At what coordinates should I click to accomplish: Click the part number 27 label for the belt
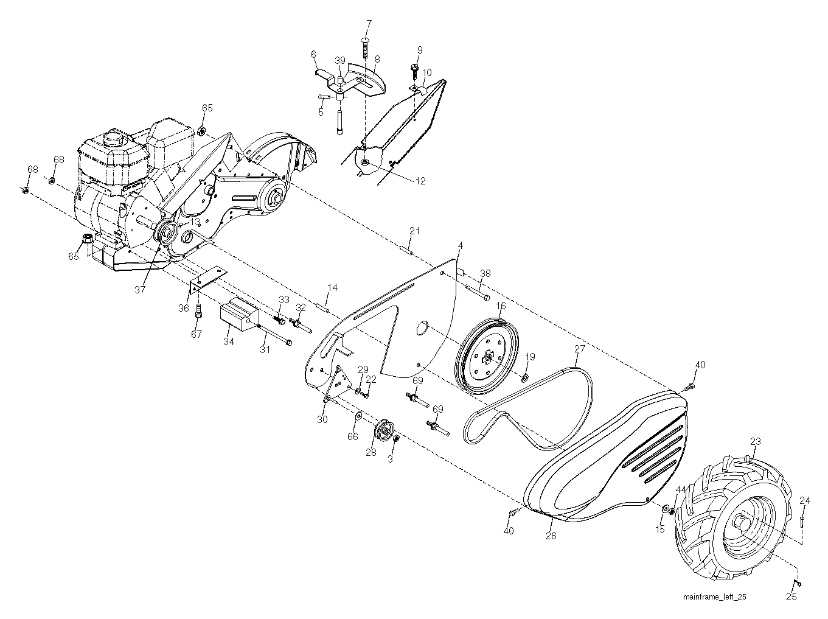click(579, 349)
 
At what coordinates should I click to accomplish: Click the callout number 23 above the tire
click(755, 441)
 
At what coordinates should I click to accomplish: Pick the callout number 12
click(420, 181)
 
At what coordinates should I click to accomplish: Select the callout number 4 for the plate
click(460, 245)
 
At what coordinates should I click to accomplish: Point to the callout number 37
click(139, 290)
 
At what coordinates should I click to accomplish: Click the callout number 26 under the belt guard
click(551, 536)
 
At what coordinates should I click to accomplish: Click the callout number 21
click(414, 231)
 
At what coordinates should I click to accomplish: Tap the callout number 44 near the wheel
click(681, 489)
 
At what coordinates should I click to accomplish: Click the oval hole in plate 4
click(422, 327)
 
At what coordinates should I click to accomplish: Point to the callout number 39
click(340, 60)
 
